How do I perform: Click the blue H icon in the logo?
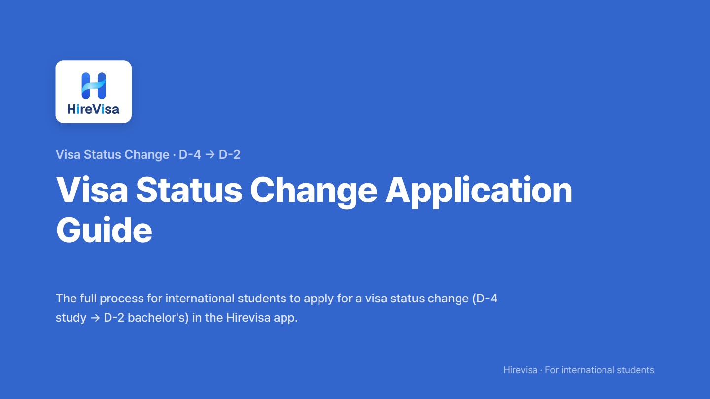tap(94, 86)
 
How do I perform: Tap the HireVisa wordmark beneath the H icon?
tap(94, 109)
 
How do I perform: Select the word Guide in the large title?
tap(105, 230)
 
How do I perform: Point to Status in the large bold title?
tap(189, 190)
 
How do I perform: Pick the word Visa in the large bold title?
tap(92, 190)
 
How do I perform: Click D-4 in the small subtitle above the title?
tap(190, 155)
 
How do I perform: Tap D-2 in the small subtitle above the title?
tap(229, 155)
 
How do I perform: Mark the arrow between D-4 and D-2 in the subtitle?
tap(210, 155)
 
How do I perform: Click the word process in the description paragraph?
tap(122, 299)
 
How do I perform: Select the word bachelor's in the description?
tap(158, 318)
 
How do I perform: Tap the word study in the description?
tap(71, 318)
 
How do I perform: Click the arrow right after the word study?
tap(95, 318)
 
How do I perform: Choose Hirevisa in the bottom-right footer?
tap(521, 370)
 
